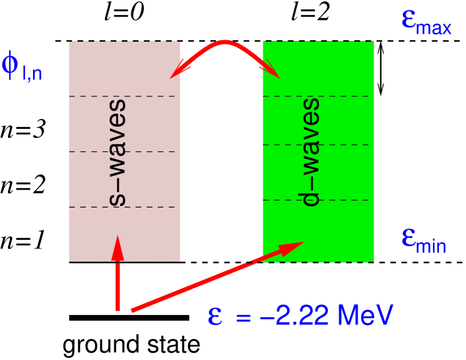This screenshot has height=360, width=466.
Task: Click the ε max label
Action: coord(426,22)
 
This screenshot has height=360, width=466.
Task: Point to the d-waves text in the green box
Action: coord(310,151)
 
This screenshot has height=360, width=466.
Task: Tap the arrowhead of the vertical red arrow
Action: coord(117,248)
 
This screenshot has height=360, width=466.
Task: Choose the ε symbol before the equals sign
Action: coord(215,316)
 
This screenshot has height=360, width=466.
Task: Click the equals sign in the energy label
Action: coord(244,318)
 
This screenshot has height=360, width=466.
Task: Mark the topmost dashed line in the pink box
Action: coord(124,96)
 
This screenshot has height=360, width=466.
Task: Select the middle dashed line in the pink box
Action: coord(124,152)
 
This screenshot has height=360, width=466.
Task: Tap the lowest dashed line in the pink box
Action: coord(124,207)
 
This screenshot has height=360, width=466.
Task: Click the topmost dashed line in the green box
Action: coord(318,96)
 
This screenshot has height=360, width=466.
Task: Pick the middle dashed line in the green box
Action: coord(318,145)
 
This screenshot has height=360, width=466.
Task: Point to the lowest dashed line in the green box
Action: coord(318,200)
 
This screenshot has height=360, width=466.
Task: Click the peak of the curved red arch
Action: coord(225,43)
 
